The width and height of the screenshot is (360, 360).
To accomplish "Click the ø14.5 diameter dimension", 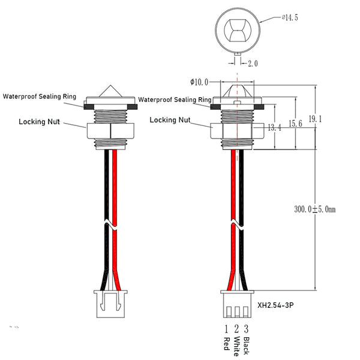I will (x=289, y=18).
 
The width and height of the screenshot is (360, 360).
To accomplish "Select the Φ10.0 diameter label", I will (x=199, y=82).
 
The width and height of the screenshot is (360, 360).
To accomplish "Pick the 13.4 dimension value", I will (x=274, y=127).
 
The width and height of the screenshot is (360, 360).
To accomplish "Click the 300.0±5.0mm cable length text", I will (x=314, y=210).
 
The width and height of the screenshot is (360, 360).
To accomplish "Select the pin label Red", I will (x=227, y=344).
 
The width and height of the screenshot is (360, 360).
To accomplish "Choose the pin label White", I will (x=237, y=346).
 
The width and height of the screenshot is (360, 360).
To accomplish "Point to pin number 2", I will (x=237, y=329).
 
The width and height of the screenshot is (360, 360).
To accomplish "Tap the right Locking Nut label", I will (x=170, y=119).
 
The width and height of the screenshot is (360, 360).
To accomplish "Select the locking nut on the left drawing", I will (x=111, y=131).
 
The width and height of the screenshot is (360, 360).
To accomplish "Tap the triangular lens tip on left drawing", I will (x=111, y=90).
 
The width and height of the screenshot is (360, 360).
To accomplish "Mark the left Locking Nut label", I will (x=39, y=121).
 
